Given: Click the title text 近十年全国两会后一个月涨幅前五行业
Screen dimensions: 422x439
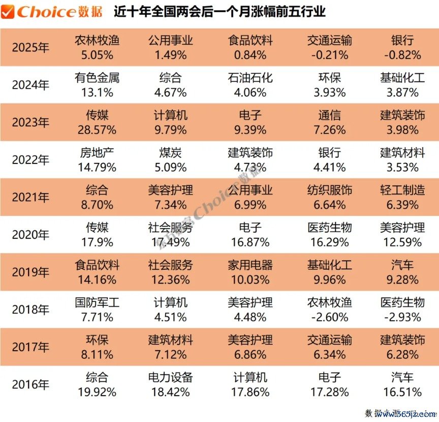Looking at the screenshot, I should click(220, 11).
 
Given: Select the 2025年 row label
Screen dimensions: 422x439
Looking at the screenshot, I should click(31, 48).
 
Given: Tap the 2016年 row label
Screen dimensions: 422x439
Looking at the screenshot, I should click(31, 385).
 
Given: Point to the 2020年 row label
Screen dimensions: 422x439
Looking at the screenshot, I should click(31, 235).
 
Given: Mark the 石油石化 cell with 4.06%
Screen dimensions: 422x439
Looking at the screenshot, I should click(250, 85).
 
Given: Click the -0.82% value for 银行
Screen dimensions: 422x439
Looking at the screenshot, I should click(402, 55).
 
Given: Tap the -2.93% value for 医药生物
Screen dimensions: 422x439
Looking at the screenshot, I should click(402, 317).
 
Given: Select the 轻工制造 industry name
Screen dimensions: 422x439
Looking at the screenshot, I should click(402, 190).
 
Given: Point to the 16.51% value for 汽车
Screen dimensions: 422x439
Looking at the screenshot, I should click(402, 392).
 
